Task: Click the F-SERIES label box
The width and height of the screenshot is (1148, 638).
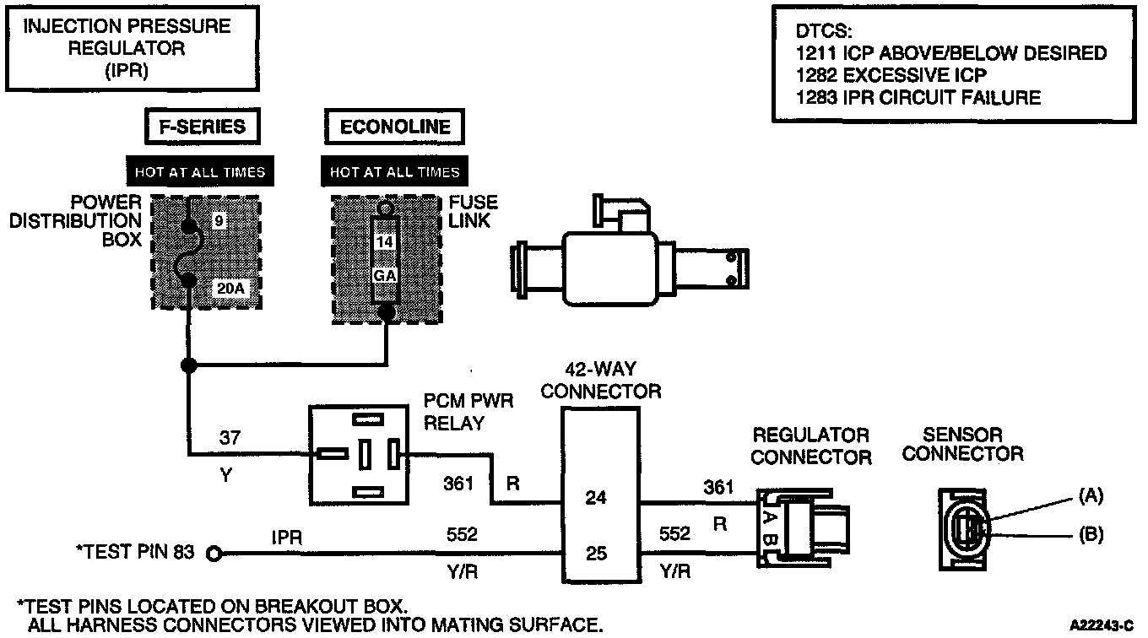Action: (203, 126)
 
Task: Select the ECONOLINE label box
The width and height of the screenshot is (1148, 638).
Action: (395, 126)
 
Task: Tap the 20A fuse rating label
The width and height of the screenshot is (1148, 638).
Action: (230, 289)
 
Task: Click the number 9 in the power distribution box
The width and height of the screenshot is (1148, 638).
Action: (219, 221)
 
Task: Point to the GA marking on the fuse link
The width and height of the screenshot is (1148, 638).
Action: (384, 276)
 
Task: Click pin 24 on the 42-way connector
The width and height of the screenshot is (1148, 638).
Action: (596, 497)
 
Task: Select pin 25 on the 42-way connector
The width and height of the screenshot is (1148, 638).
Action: (597, 554)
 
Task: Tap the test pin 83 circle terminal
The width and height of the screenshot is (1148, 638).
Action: (214, 554)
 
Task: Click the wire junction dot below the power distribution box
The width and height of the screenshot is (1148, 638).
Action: (188, 365)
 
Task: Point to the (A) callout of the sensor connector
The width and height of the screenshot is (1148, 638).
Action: (1091, 495)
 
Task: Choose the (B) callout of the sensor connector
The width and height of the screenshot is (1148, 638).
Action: (1091, 534)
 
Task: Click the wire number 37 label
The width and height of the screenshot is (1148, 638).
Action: (230, 438)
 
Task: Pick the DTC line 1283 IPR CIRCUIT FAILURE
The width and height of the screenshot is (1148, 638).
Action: (918, 97)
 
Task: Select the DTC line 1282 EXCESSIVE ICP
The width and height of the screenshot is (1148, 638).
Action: (891, 75)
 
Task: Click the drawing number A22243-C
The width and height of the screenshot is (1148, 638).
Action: (1102, 625)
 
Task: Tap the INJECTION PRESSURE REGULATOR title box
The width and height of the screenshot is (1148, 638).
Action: (133, 48)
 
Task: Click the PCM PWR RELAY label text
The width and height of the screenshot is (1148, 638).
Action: (468, 412)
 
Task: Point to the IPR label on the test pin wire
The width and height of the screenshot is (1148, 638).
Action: (287, 538)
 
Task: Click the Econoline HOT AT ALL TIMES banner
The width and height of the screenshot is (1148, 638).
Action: (395, 171)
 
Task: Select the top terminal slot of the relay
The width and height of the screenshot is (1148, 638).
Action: (368, 419)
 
